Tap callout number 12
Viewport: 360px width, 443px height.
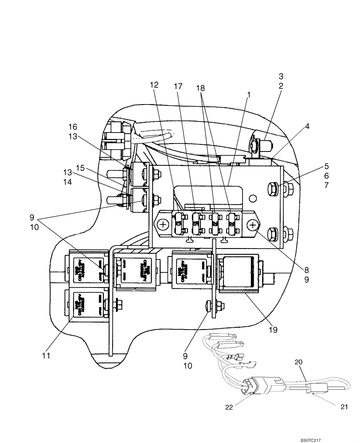point(154,85)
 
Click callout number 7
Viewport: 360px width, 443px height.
point(326,186)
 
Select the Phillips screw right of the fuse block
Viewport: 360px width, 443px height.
point(253,225)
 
